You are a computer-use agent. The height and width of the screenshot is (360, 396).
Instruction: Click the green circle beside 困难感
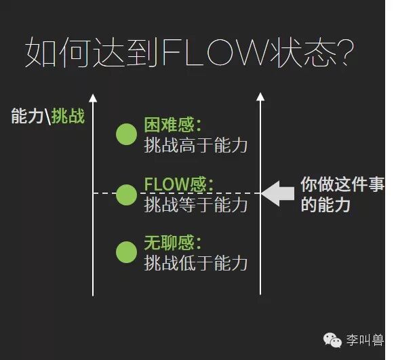tap(126, 135)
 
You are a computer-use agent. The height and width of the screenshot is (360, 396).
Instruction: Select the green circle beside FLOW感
tap(126, 194)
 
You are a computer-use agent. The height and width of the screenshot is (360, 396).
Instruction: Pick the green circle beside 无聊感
tap(126, 252)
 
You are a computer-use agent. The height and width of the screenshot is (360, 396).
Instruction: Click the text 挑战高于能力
tap(196, 144)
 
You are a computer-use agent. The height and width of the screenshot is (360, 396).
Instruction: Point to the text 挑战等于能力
tap(196, 203)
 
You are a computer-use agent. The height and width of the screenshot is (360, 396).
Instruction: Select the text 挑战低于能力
tap(196, 262)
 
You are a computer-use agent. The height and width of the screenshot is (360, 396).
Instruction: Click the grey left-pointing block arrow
tap(277, 193)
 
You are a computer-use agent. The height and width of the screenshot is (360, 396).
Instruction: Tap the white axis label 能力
tap(28, 116)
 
